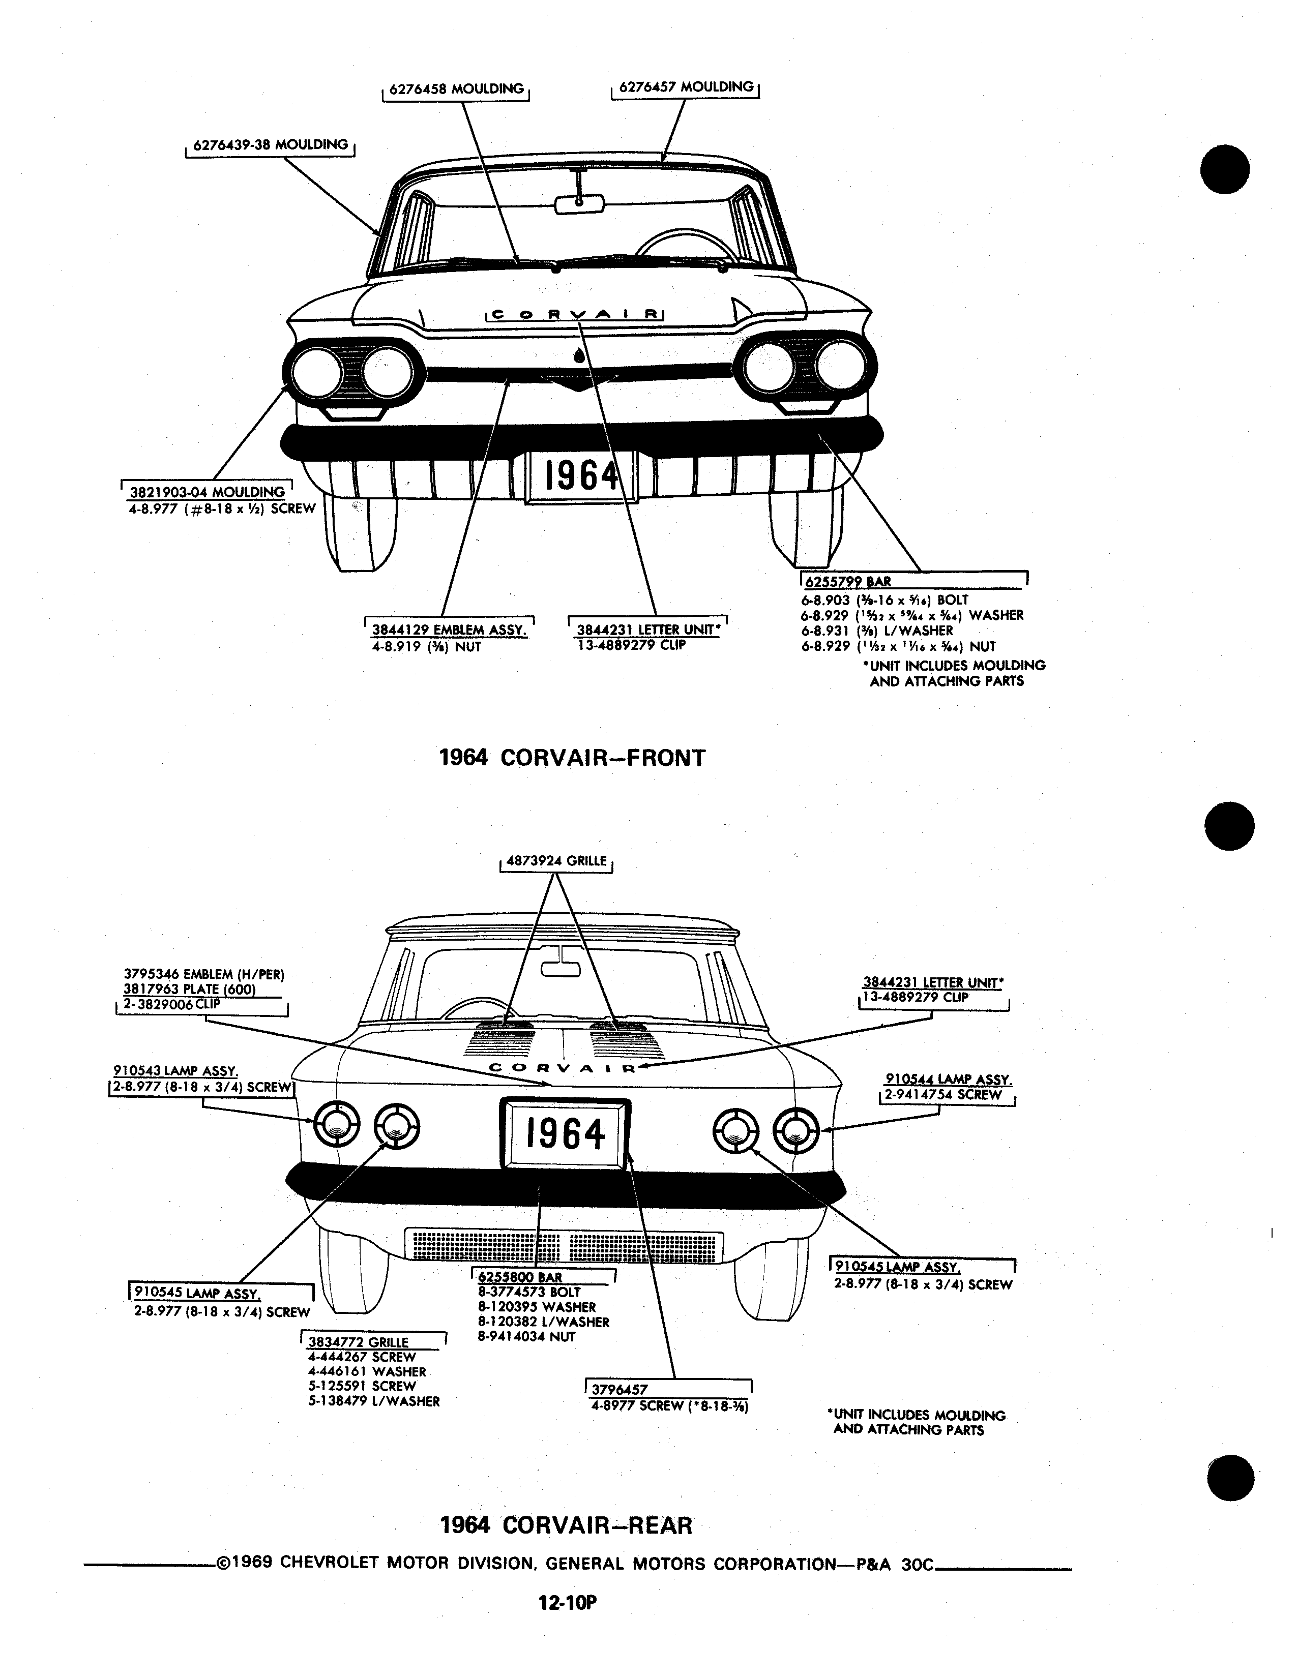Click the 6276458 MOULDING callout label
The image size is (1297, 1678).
coord(456,89)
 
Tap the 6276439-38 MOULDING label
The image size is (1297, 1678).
coord(271,144)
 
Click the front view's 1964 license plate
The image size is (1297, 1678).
coord(581,476)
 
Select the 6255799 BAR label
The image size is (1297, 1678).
coord(848,582)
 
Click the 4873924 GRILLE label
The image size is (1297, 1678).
coord(556,861)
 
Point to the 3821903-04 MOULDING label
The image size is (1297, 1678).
coord(207,492)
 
